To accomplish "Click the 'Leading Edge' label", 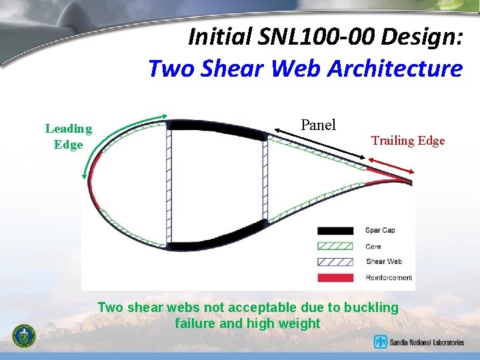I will (68, 137).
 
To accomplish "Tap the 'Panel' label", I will (319, 125).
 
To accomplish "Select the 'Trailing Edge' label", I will (408, 140).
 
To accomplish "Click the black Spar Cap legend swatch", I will (335, 231).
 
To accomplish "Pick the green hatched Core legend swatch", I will (335, 246).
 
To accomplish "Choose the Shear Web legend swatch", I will (335, 262).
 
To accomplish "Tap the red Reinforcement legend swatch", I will (335, 277).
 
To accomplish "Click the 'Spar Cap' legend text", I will (380, 231).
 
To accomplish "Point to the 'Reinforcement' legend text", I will (389, 277).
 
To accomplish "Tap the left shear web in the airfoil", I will (169, 180).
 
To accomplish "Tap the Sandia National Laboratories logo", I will (419, 342).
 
